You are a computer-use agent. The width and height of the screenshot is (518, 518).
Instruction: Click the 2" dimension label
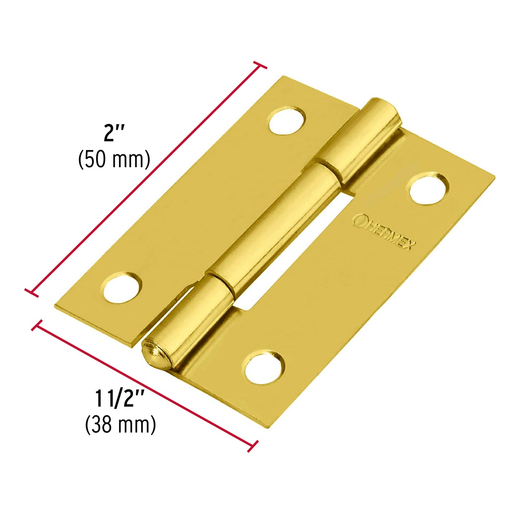coord(114,134)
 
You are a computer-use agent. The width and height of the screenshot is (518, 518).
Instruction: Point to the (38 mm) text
coord(120,425)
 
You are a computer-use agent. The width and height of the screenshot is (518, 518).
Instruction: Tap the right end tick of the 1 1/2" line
coord(253,446)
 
